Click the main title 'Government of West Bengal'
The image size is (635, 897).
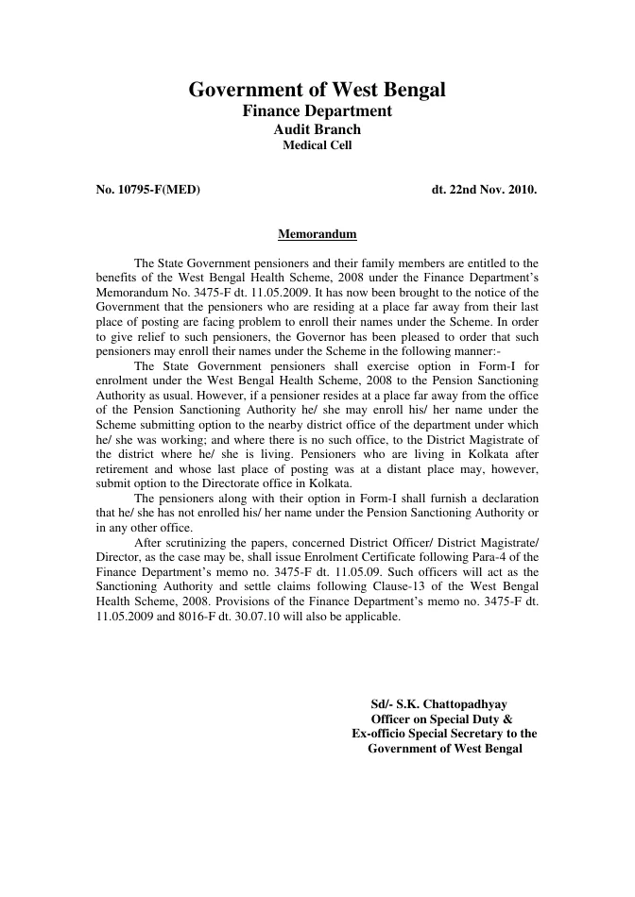point(317,91)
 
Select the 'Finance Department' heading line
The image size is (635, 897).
point(317,111)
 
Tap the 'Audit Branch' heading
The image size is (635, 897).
point(317,129)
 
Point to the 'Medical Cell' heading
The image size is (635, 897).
point(317,145)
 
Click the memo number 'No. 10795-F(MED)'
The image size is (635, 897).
point(148,190)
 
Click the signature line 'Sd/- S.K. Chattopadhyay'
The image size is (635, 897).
point(439,703)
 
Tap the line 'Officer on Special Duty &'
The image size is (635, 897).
point(441,719)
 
